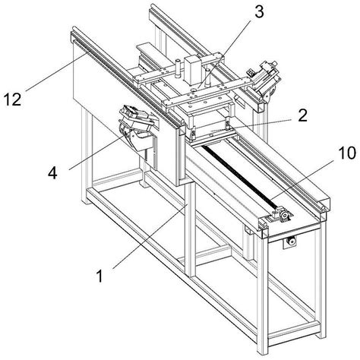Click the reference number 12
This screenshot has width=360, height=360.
[x=12, y=99]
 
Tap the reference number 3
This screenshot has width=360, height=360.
[x=259, y=12]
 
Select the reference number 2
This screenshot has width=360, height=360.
[x=302, y=115]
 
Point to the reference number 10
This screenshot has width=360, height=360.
[x=346, y=153]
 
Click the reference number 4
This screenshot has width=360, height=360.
[x=52, y=173]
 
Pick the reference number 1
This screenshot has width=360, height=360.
[x=100, y=276]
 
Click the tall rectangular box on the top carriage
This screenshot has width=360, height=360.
[x=192, y=69]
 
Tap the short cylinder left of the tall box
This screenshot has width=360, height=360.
[x=178, y=68]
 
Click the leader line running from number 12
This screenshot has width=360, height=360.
[x=56, y=71]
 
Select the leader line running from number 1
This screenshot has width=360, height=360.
[x=150, y=236]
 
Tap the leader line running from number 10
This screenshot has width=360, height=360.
[x=303, y=181]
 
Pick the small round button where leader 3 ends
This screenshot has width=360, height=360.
[x=194, y=89]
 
